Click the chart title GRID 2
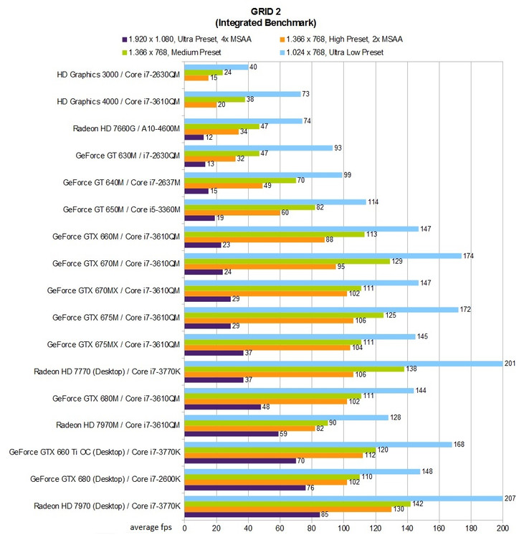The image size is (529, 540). tap(264, 11)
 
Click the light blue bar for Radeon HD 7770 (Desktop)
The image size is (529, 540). tap(343, 363)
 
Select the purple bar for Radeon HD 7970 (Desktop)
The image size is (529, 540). tap(252, 514)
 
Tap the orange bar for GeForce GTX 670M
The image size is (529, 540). tap(259, 266)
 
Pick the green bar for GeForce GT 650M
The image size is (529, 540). tap(249, 207)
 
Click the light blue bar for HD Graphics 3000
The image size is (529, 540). tap(216, 67)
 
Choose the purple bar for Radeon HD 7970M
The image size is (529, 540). tap(231, 433)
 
